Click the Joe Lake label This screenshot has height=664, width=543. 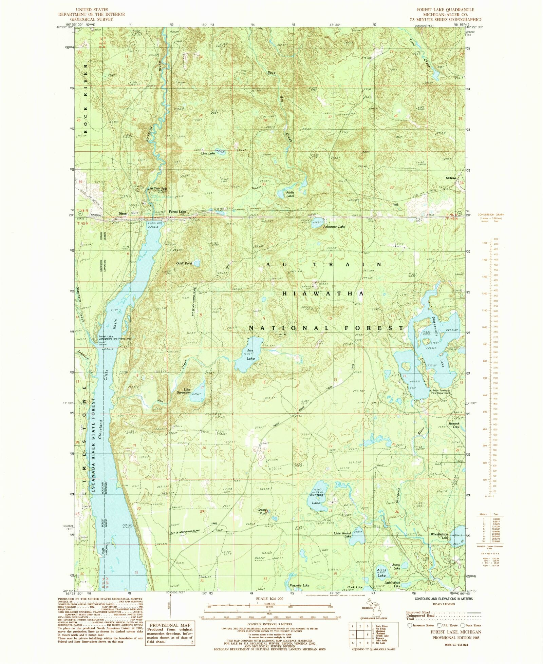250,354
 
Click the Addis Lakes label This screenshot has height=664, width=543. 290,194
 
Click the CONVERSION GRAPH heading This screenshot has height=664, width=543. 491,214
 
